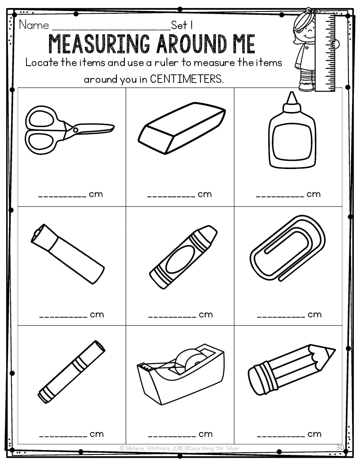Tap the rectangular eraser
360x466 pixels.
182,128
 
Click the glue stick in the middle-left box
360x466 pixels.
67,254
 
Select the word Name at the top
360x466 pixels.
34,25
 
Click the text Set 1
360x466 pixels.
182,25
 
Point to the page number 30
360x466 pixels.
340,447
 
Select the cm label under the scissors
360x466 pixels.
96,194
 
